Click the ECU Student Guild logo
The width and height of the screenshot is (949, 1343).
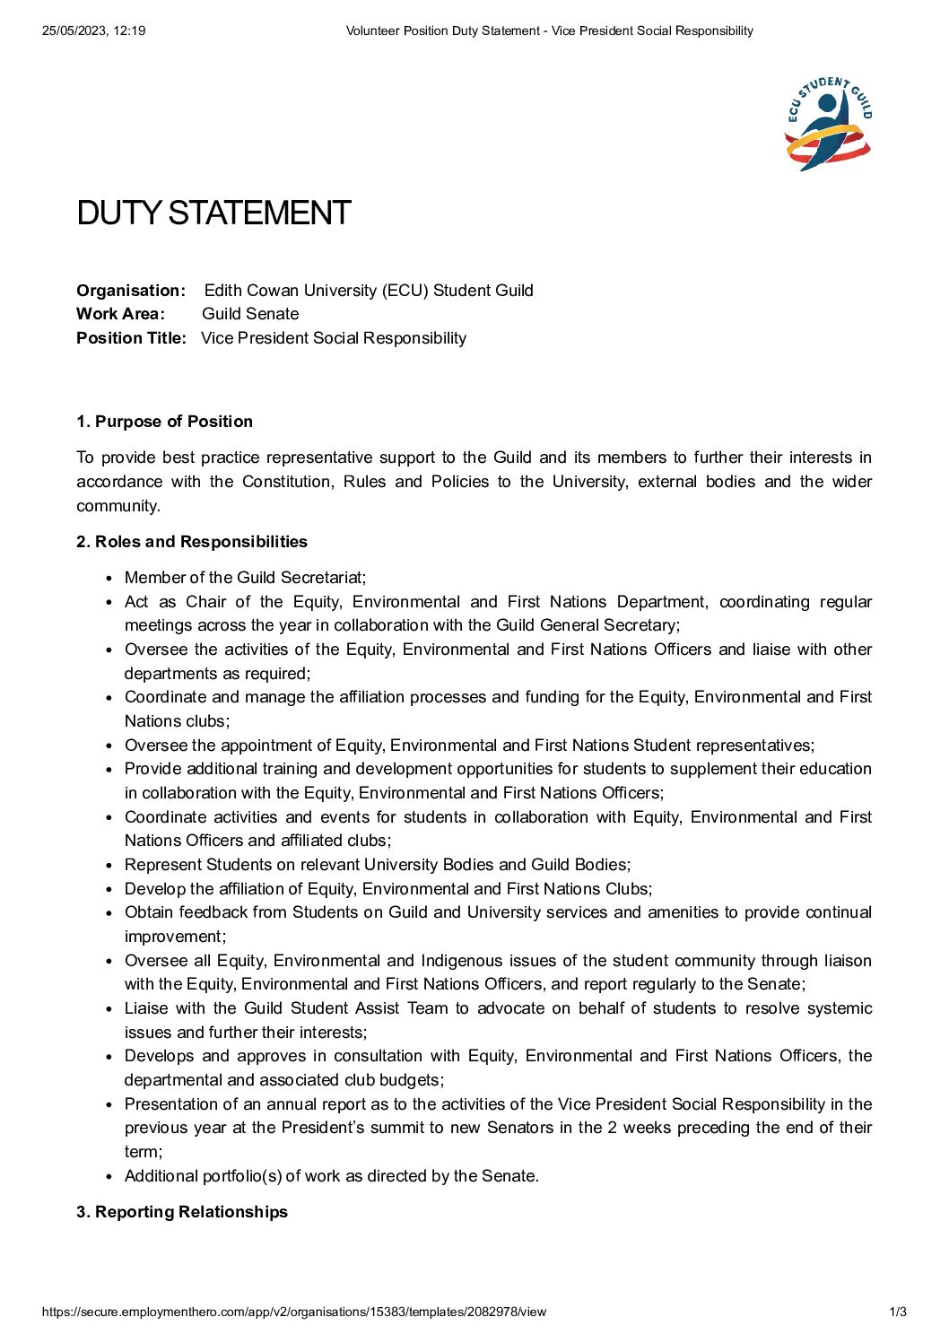(828, 124)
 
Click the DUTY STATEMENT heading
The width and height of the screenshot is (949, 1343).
(213, 213)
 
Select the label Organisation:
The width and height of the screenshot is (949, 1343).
(131, 290)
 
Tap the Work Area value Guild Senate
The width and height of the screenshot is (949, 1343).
(250, 313)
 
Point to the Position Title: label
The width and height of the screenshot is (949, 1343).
(131, 337)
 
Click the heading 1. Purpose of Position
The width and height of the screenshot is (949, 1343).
(164, 421)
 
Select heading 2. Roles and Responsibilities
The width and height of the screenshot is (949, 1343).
(192, 541)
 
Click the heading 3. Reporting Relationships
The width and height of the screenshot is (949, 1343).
(182, 1211)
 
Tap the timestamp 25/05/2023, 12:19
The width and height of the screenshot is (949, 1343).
(93, 31)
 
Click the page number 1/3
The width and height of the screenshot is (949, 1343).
(898, 1312)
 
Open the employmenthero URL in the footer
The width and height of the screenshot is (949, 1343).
(294, 1312)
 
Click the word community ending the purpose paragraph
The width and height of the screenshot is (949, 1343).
(117, 505)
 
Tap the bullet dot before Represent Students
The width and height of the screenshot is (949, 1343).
(109, 865)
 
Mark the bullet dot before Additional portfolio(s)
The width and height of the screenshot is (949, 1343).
(109, 1176)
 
